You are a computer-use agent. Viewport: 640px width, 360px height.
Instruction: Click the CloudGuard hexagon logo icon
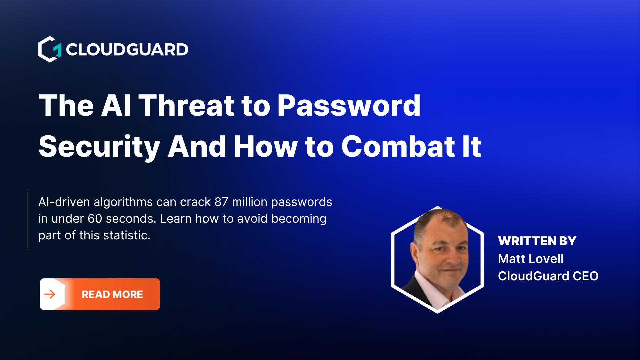point(50,49)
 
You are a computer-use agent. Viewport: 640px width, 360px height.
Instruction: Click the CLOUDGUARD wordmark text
point(127,50)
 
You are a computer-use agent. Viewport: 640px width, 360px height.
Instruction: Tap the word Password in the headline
point(349,106)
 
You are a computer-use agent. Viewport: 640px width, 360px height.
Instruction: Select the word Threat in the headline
point(186,106)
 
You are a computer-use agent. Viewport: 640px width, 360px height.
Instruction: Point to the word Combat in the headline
point(398,147)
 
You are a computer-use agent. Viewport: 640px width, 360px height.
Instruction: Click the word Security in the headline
point(99,147)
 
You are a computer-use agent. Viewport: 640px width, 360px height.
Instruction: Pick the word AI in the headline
point(116,106)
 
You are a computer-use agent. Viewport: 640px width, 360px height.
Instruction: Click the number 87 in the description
point(221,202)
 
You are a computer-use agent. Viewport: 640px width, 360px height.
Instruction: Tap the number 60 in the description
point(95,219)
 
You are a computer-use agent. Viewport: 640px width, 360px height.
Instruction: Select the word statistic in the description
point(127,235)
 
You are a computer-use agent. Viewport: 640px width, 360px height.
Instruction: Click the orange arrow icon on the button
point(50,294)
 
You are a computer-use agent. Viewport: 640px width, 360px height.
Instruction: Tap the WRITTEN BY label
point(537,241)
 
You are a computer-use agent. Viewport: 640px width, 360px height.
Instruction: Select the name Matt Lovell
point(531,259)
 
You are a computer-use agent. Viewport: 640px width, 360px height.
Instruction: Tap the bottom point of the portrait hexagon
point(437,312)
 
